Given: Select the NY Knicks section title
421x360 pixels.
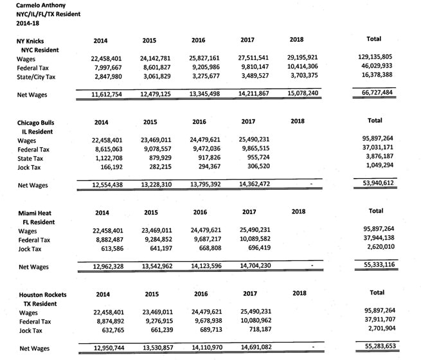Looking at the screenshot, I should click(x=31, y=40).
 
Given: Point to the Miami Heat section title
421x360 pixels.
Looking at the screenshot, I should click(x=35, y=212).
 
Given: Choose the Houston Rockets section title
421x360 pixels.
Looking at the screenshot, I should click(x=43, y=294).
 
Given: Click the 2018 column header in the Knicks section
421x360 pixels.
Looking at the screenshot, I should click(x=296, y=40).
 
